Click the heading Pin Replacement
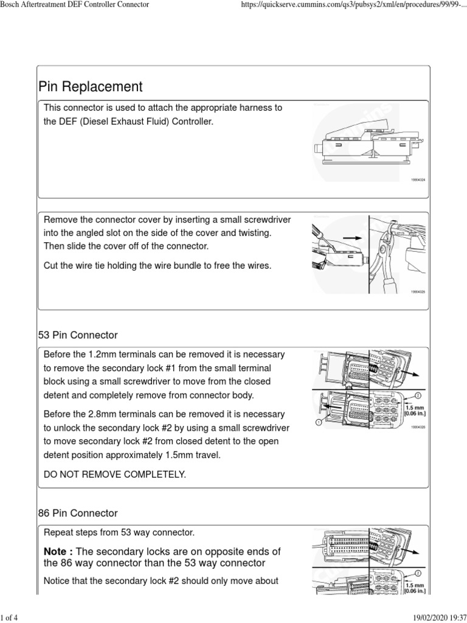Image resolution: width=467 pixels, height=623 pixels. (x=90, y=86)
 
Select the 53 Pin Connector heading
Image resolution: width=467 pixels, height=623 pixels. (x=78, y=335)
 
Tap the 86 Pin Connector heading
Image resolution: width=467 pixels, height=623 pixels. (x=78, y=513)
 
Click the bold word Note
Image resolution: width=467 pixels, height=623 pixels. (x=57, y=551)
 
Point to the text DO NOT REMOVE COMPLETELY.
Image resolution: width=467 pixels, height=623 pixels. (x=114, y=473)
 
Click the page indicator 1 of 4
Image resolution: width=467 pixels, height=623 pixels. (x=10, y=618)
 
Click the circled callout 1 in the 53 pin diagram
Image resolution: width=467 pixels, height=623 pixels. (x=318, y=420)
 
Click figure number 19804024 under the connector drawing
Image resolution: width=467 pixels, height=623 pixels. (x=417, y=180)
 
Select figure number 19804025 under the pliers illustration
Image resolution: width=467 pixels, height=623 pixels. (x=417, y=292)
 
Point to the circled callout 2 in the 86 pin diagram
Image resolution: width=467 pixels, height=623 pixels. (x=417, y=573)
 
